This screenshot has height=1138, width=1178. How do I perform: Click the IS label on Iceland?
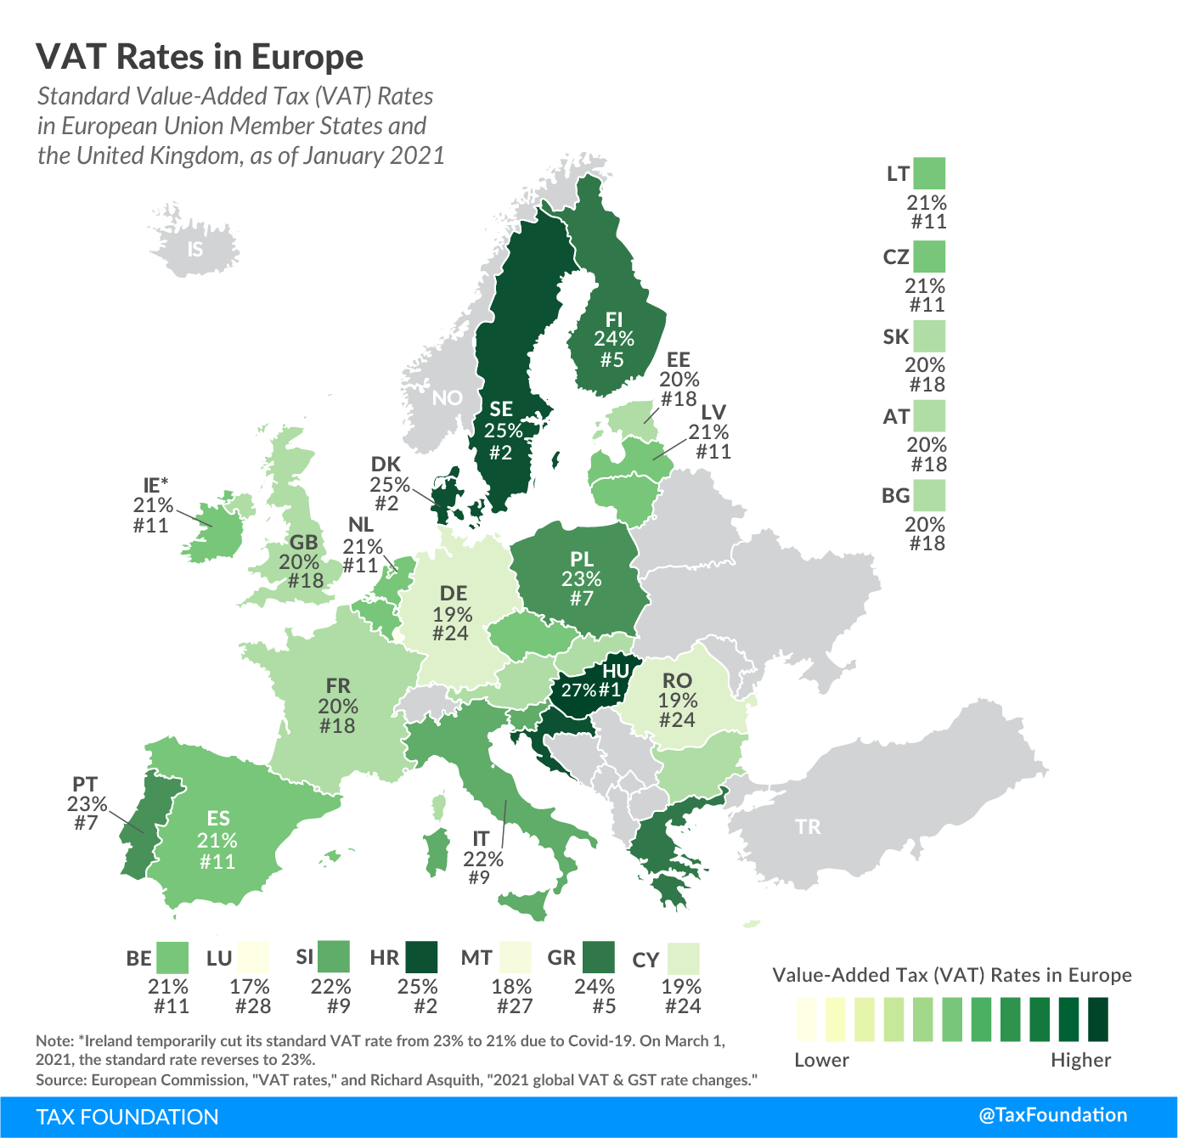pyautogui.click(x=195, y=249)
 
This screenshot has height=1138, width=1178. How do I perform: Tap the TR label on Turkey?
pyautogui.click(x=808, y=826)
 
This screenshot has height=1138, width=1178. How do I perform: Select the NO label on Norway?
pyautogui.click(x=447, y=397)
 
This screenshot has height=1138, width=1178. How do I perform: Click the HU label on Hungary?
pyautogui.click(x=616, y=671)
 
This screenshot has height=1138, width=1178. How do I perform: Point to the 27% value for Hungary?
pyautogui.click(x=578, y=690)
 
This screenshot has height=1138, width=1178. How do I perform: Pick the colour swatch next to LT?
pyautogui.click(x=931, y=173)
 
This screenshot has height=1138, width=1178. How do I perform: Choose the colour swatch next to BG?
pyautogui.click(x=931, y=495)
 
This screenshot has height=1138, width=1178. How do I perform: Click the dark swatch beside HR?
pyautogui.click(x=421, y=957)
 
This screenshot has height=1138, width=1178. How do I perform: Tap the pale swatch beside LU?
pyautogui.click(x=253, y=957)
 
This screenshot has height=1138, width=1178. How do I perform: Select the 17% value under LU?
pyautogui.click(x=250, y=987)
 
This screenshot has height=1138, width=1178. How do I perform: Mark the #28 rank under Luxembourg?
pyautogui.click(x=252, y=1006)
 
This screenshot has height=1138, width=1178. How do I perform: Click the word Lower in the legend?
pyautogui.click(x=821, y=1060)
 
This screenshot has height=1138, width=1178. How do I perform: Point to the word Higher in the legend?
pyautogui.click(x=1080, y=1060)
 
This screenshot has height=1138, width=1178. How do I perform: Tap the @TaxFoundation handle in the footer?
pyautogui.click(x=1053, y=1115)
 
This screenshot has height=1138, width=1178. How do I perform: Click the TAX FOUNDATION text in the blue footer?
pyautogui.click(x=127, y=1117)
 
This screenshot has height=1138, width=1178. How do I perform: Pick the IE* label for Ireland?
pyautogui.click(x=155, y=485)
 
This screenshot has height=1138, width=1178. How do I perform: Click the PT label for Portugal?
pyautogui.click(x=85, y=784)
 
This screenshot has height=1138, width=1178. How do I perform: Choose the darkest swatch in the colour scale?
pyautogui.click(x=1097, y=1019)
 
